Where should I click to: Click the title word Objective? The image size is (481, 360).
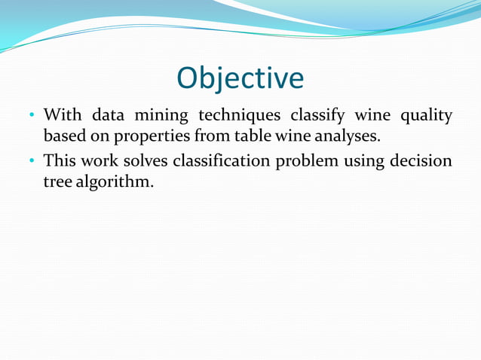pyautogui.click(x=240, y=78)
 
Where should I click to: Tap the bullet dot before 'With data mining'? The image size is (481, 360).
pyautogui.click(x=32, y=117)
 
